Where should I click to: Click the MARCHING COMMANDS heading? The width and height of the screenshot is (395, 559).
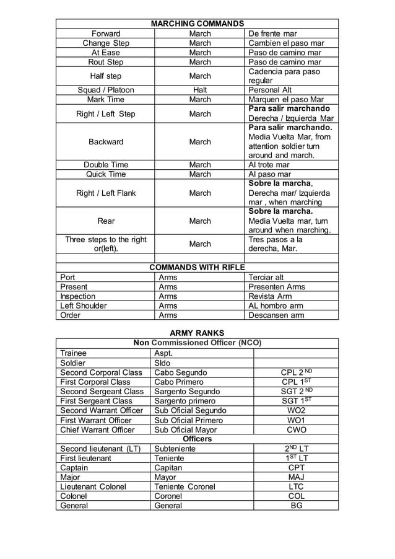(x=197, y=24)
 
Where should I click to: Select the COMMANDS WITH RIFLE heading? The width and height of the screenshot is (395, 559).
(x=197, y=267)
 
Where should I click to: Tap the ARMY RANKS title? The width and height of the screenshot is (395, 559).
(x=197, y=333)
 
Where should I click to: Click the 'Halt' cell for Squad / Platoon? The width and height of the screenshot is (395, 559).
(x=200, y=90)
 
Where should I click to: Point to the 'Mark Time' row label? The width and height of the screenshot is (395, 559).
(x=105, y=99)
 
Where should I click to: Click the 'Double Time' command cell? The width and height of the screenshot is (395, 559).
(x=105, y=165)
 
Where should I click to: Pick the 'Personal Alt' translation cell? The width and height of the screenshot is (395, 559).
(x=270, y=90)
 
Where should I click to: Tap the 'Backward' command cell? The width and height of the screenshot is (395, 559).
(x=105, y=142)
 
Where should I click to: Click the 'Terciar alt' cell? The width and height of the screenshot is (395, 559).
(x=266, y=277)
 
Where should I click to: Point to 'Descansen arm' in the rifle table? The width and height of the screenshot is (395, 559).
(x=276, y=315)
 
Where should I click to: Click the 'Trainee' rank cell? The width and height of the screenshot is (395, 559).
(x=74, y=353)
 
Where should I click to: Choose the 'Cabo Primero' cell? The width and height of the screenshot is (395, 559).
(x=180, y=382)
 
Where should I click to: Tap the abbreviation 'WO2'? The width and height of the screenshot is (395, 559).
(x=297, y=410)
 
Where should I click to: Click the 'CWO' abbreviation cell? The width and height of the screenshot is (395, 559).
(x=297, y=429)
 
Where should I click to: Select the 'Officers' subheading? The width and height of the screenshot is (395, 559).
(x=197, y=439)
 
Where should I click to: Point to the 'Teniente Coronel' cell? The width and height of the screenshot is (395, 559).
(x=184, y=486)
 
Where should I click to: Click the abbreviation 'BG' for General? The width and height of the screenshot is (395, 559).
(x=297, y=505)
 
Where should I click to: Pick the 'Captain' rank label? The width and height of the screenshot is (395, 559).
(x=74, y=467)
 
